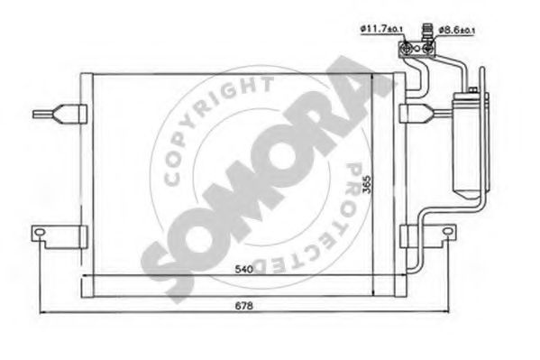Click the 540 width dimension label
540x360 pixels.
(x=243, y=269)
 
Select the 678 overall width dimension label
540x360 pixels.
(x=243, y=306)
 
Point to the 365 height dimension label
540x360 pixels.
(x=368, y=185)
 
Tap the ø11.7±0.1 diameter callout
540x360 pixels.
(x=381, y=29)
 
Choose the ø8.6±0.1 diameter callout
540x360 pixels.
(x=457, y=30)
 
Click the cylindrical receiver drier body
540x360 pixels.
(x=467, y=145)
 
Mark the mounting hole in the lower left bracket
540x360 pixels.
(x=40, y=231)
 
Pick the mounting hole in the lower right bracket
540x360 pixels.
(x=447, y=231)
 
